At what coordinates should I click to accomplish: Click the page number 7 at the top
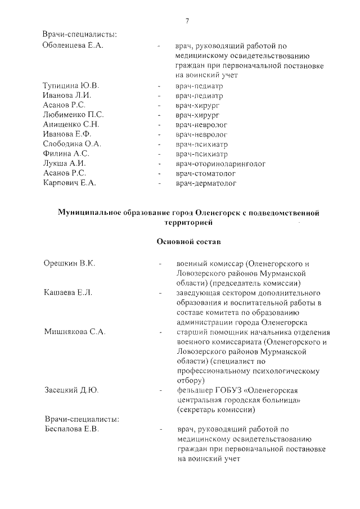coord(186,21)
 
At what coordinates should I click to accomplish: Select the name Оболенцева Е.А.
coord(73,46)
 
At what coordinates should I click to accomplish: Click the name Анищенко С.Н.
coord(71,124)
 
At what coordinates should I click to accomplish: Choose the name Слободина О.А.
coord(72,144)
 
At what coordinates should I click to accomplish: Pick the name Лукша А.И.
coord(64,163)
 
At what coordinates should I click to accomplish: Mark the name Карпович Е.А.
coord(70,183)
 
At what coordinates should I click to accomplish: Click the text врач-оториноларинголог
coord(220,164)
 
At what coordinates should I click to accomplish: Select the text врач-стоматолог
coord(206,173)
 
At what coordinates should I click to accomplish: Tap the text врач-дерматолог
coord(206,183)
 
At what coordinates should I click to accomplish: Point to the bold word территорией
coord(187,223)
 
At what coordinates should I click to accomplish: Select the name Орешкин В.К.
coord(69,263)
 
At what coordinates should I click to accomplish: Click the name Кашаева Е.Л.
coord(68,293)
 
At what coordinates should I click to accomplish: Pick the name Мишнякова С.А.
coord(75,332)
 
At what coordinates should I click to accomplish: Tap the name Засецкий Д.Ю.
coord(71,390)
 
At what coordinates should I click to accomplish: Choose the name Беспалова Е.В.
coord(71,429)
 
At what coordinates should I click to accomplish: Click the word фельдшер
coord(193,390)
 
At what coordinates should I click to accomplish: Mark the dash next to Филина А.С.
coord(160,154)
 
